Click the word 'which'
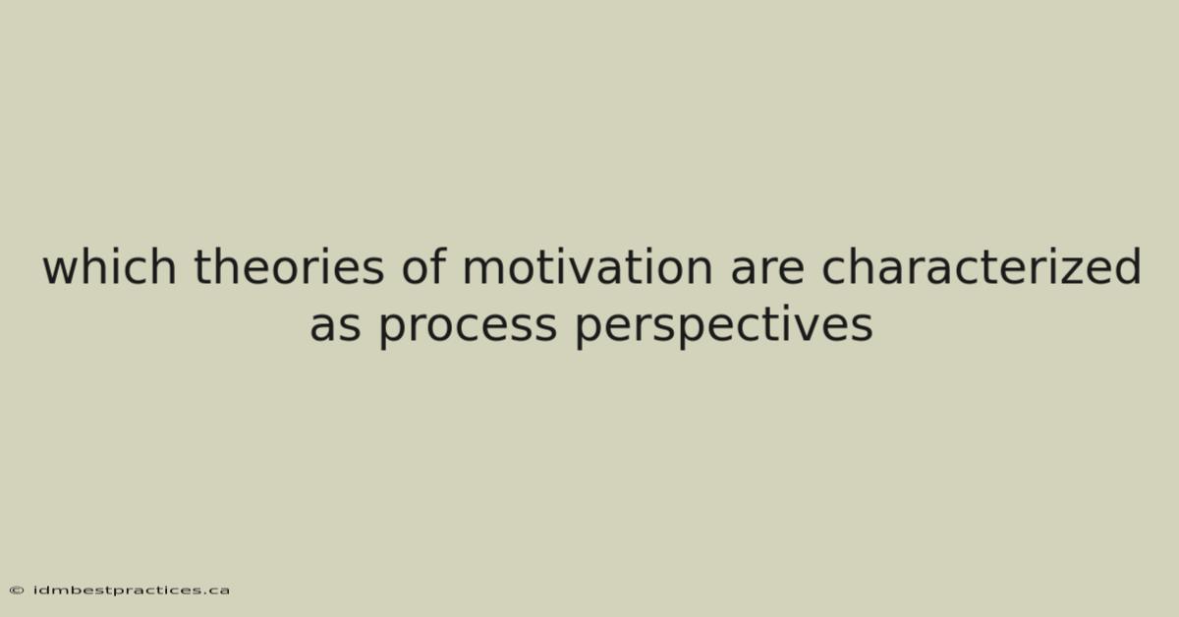point(109,266)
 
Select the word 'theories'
point(289,266)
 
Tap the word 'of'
point(424,266)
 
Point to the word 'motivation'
point(588,266)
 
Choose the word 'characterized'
point(982,266)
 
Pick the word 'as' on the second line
point(335,326)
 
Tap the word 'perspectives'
point(724,327)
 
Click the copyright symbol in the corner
point(17,590)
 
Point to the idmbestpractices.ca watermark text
point(131,590)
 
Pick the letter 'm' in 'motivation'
point(485,271)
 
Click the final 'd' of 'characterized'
point(1126,266)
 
